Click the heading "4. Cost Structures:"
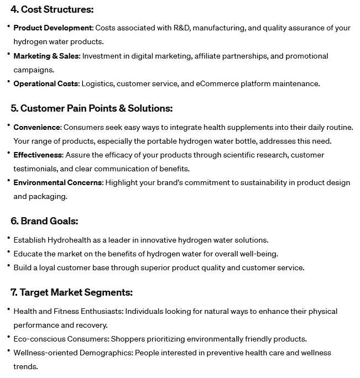tap(52, 9)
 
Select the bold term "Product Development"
tap(53, 28)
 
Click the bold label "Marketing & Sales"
tap(46, 56)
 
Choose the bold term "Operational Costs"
tap(46, 83)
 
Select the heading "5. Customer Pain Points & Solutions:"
tap(91, 108)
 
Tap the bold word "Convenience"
tap(37, 127)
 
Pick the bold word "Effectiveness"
tap(38, 155)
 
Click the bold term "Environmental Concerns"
tap(58, 182)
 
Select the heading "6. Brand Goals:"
tap(44, 221)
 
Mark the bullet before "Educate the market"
tap(8, 253)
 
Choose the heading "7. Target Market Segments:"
tap(71, 292)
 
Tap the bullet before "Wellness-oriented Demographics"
tap(8, 352)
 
